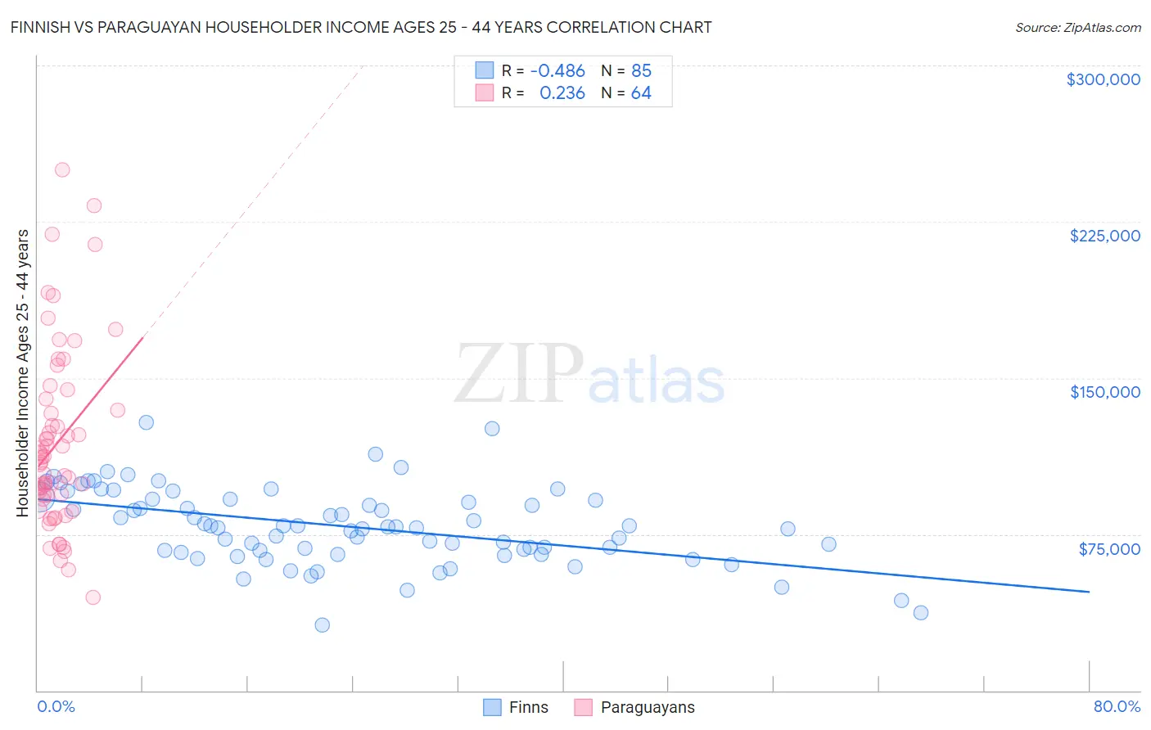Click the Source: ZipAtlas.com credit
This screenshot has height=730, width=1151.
1077,27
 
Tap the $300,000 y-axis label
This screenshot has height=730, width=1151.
1103,79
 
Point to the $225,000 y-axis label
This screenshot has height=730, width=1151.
1104,236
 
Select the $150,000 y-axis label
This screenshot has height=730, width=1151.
1104,392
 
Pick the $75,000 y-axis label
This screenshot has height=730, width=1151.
1108,549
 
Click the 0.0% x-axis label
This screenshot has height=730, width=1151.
56,706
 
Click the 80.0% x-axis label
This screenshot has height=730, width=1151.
1117,706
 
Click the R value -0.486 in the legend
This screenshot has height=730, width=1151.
557,71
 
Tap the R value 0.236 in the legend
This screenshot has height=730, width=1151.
562,93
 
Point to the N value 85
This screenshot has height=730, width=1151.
641,71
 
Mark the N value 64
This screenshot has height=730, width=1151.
641,93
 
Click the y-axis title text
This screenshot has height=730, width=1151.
23,373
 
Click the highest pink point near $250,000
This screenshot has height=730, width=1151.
62,170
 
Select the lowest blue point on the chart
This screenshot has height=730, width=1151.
323,625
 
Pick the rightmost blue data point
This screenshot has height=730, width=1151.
921,613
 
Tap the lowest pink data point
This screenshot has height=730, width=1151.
93,597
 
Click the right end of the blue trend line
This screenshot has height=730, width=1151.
1089,591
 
